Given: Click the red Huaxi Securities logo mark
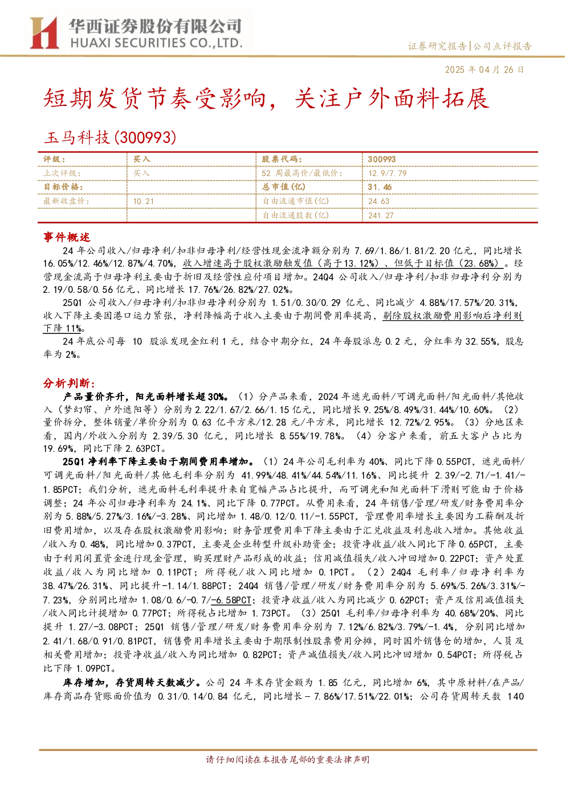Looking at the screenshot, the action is (x=44, y=33).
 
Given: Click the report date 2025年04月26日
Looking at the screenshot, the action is (x=484, y=70).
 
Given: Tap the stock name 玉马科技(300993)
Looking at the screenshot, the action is (x=110, y=137).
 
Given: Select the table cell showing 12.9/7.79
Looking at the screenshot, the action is (x=388, y=173).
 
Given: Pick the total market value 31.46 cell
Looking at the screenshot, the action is (x=380, y=187).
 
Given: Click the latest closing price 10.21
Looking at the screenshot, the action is (x=143, y=201).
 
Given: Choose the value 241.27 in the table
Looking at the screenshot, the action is (x=381, y=215).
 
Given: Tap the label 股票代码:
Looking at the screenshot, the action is (x=282, y=160).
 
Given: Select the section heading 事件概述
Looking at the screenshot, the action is (x=67, y=237).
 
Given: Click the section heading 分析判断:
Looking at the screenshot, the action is (x=69, y=383).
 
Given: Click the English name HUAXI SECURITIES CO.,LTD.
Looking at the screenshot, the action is (x=157, y=43).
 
